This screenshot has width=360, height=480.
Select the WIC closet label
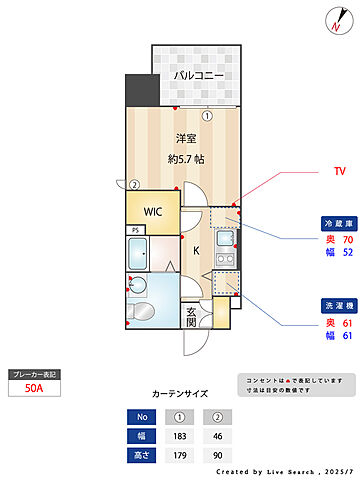click(x=153, y=212)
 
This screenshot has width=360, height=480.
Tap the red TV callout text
click(x=339, y=172)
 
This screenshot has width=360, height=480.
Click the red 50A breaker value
click(x=34, y=391)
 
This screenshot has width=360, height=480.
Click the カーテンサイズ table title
click(x=180, y=394)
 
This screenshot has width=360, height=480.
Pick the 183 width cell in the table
click(x=180, y=436)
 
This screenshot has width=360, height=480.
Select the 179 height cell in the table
click(x=180, y=456)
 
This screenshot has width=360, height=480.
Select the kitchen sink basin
click(x=224, y=241)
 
